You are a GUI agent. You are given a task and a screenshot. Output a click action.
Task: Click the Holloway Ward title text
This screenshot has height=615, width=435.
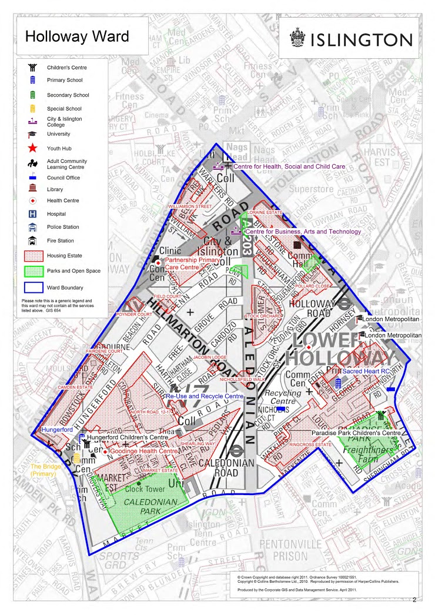[x=77, y=37]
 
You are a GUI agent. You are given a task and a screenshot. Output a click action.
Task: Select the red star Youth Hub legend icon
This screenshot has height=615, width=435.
[x=34, y=147]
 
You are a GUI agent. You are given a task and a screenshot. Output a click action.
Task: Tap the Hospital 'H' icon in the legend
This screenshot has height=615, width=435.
[x=34, y=214]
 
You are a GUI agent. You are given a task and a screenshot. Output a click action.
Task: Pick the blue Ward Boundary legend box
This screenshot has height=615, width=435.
[x=34, y=288]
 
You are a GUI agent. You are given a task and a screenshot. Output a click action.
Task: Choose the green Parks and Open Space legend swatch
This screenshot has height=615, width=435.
[x=34, y=271]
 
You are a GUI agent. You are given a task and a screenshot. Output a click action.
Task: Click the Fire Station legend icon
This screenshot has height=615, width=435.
[x=34, y=240]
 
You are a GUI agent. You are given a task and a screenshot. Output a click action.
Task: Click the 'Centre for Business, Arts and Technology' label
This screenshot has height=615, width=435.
[x=302, y=232]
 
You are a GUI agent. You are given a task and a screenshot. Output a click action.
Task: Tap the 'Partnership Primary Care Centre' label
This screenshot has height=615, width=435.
[x=192, y=263]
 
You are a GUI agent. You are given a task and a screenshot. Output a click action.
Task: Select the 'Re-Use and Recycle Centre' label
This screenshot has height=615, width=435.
[x=204, y=397]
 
